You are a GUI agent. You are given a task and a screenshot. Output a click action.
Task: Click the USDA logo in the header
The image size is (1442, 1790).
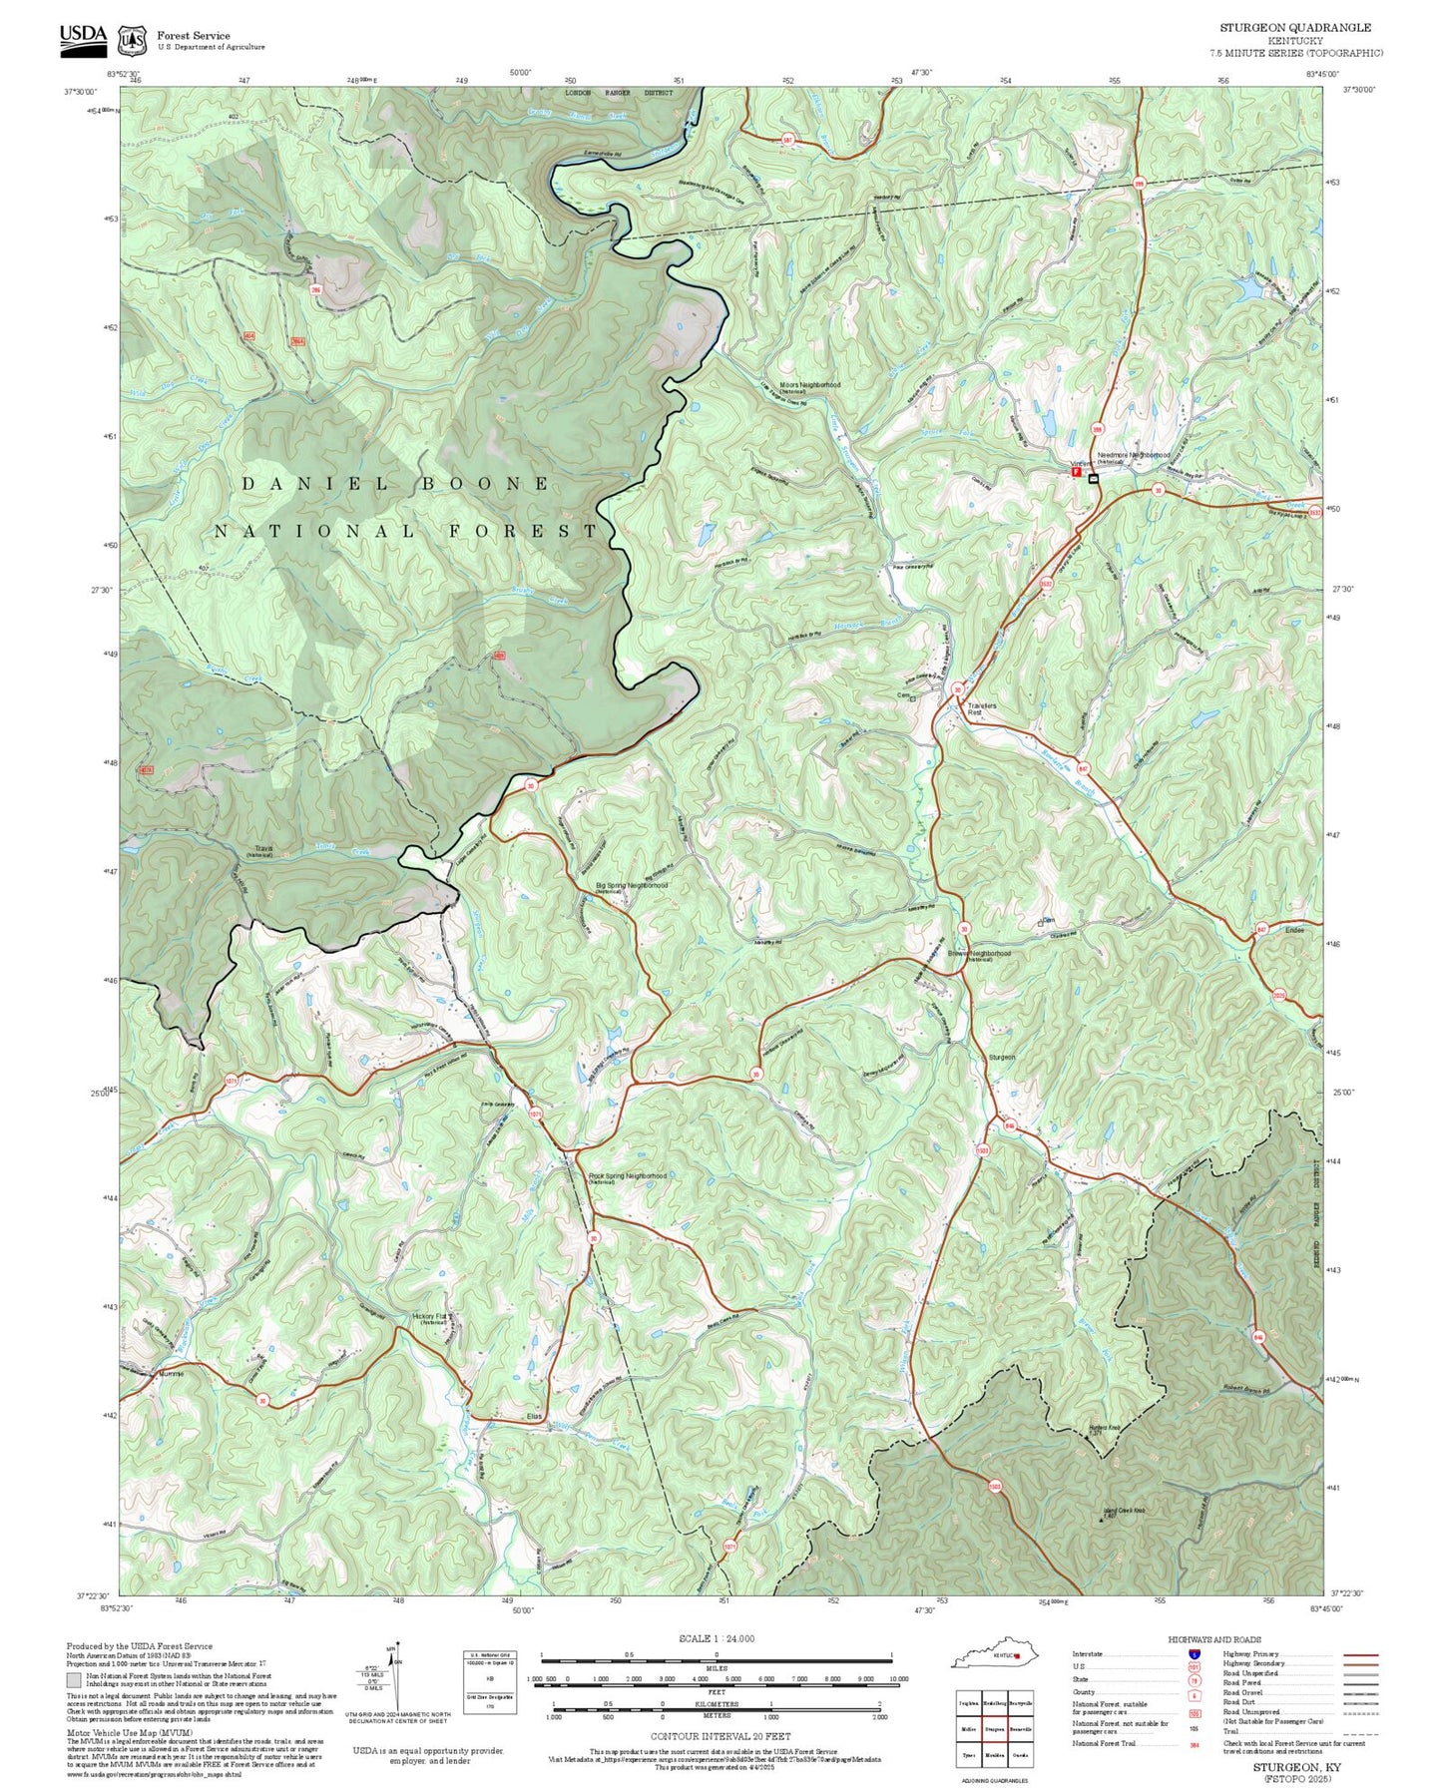tap(82, 36)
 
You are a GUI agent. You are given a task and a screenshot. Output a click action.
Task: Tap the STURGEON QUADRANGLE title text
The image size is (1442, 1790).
tap(1294, 28)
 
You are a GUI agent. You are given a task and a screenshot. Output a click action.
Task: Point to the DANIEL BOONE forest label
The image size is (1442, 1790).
tap(395, 484)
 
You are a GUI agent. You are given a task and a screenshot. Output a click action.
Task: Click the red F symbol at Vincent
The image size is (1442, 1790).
tap(1076, 472)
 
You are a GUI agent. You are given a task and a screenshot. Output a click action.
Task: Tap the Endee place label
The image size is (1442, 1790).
tap(1294, 930)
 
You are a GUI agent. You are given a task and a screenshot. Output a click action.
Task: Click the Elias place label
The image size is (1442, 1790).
tap(534, 1416)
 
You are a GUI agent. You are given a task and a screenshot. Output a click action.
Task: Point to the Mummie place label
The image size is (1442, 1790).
tap(173, 1373)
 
